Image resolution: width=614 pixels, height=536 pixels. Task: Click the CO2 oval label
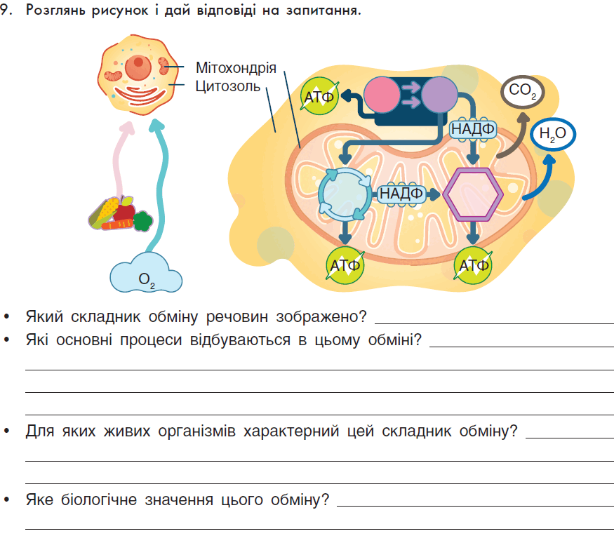coord(522,92)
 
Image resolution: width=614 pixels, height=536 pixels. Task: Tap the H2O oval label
coord(553,134)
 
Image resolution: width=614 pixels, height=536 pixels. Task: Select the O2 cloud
coord(146,274)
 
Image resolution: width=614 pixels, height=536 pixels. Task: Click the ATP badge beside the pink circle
coord(319,96)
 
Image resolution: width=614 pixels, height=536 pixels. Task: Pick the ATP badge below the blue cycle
coord(345,265)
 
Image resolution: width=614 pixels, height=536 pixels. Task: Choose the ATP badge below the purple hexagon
coord(473,265)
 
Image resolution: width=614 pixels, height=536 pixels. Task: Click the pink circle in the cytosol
coord(382,95)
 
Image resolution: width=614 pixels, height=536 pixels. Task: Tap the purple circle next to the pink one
coord(439,95)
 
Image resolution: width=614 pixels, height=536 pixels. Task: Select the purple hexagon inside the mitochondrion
coord(473,194)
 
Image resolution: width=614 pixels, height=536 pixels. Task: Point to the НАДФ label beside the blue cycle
coord(401,194)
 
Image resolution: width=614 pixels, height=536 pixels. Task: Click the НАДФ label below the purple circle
coord(473,129)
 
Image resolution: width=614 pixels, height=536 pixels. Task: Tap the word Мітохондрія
coord(236,68)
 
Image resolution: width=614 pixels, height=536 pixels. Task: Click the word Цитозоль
coord(228,86)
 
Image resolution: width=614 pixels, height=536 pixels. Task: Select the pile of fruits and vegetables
coord(120,214)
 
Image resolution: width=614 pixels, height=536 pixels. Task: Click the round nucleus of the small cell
coord(138,67)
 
